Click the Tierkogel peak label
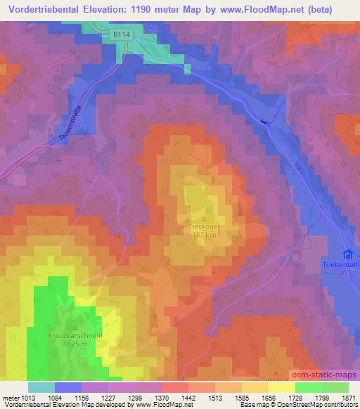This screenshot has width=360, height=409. [206, 228]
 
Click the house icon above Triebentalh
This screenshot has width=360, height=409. [346, 254]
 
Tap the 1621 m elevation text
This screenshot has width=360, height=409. [206, 236]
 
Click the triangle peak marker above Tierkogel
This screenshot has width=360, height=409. [206, 219]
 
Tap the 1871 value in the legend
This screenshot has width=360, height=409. [349, 398]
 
